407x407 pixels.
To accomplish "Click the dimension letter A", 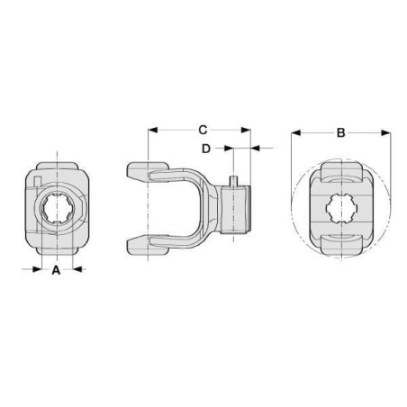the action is point(56,270).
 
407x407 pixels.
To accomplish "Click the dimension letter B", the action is point(341,132).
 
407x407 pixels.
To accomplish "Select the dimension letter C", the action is point(203,130).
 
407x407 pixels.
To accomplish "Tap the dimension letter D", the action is point(206,149).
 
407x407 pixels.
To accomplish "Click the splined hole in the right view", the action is point(342,208).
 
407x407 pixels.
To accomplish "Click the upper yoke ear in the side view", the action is point(148,171).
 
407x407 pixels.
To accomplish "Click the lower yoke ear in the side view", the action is point(148,245).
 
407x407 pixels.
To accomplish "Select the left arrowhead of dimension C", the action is point(153,130).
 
